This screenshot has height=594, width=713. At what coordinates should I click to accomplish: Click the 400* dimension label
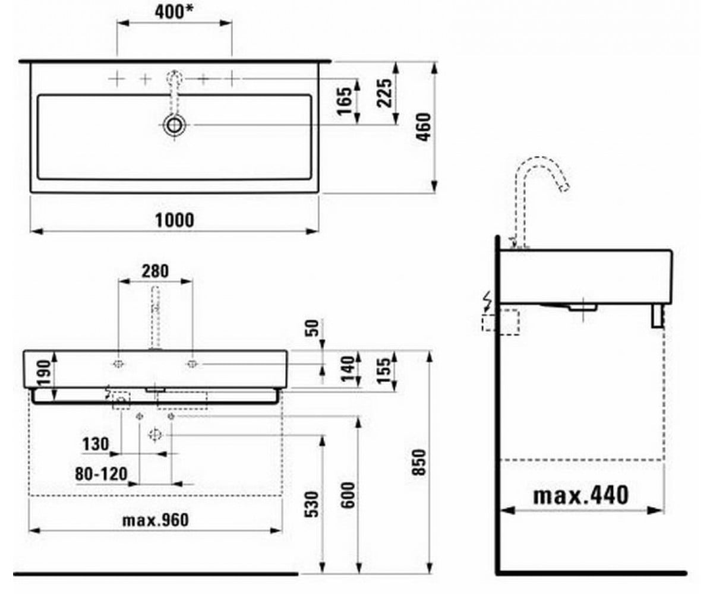click(174, 12)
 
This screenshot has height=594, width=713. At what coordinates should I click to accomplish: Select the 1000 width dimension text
click(175, 220)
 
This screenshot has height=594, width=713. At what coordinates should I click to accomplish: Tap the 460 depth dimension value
click(424, 127)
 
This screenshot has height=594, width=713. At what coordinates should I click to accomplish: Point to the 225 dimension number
click(384, 93)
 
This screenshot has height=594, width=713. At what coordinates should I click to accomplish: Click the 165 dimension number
click(344, 102)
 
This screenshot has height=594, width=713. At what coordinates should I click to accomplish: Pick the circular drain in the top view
click(175, 125)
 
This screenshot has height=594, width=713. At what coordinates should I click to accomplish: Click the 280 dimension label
click(155, 271)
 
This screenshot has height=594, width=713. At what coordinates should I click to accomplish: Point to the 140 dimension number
click(348, 369)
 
